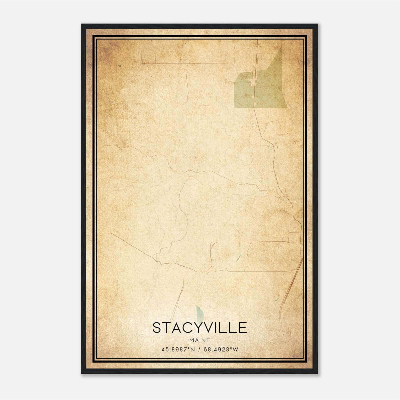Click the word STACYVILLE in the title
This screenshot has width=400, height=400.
[199, 328]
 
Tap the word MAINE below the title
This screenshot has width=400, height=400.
[199, 340]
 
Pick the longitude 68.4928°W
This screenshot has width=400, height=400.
[221, 349]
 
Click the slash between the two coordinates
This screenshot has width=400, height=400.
[199, 349]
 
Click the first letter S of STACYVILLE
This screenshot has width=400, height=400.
[157, 328]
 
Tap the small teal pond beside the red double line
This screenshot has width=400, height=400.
[276, 299]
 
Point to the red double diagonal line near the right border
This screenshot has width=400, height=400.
[291, 282]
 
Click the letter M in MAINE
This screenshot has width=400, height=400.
[192, 340]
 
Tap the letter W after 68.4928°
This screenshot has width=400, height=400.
[236, 349]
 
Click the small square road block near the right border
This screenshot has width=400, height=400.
[294, 237]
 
